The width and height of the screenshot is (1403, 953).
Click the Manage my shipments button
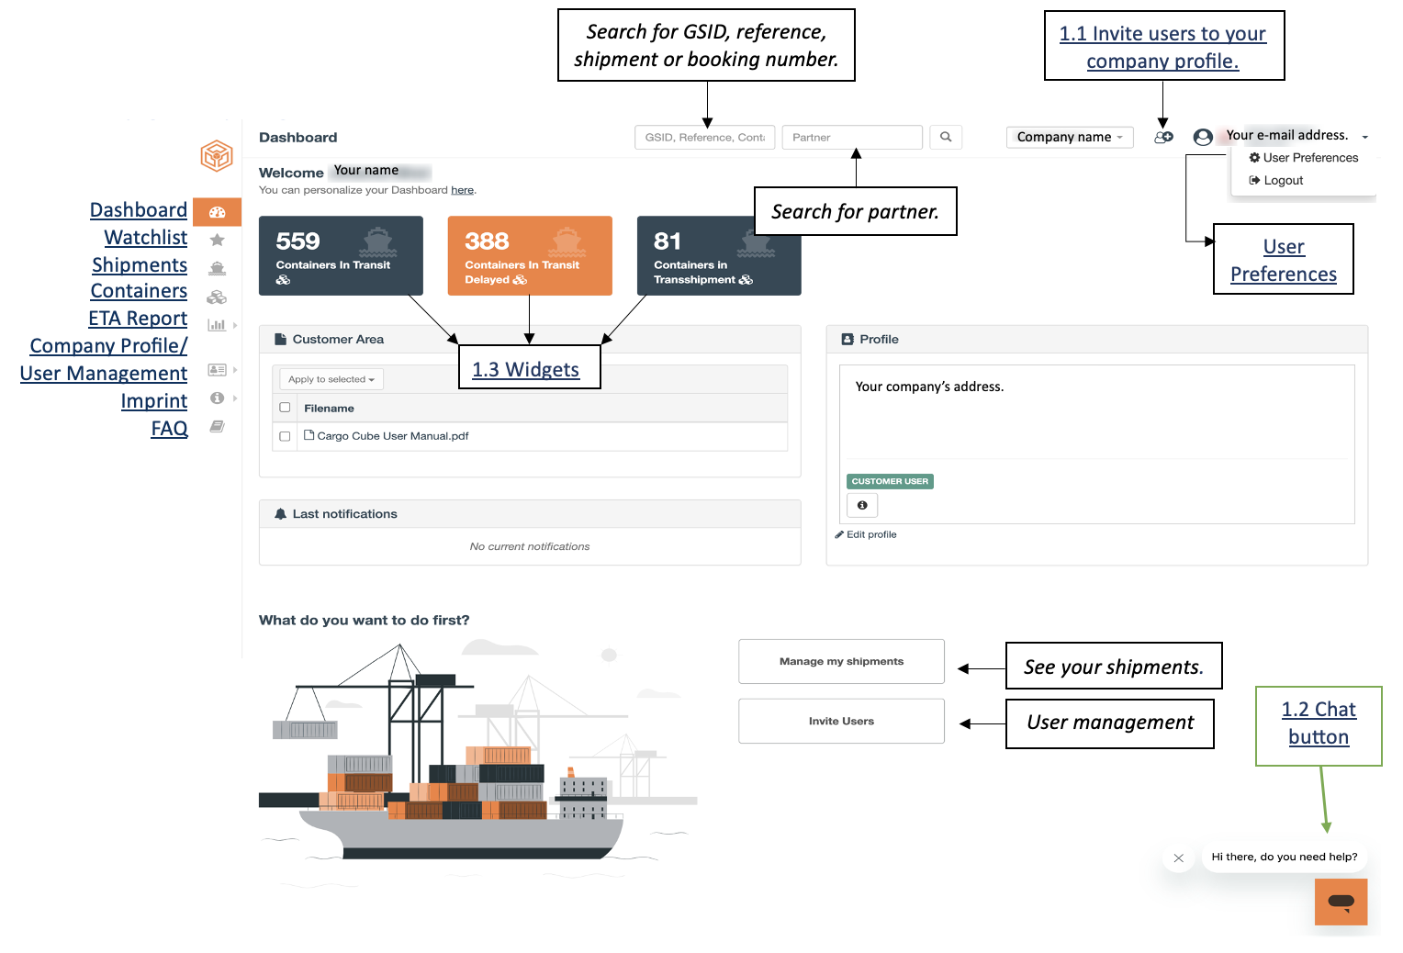840,661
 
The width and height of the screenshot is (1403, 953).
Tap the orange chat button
1341,902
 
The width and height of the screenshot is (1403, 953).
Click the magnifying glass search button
945,137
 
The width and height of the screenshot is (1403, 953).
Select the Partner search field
852,137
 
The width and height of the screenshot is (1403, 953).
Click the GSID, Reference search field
704,137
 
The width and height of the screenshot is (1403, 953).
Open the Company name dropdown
1069,137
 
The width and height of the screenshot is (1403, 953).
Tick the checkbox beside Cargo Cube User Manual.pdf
285,436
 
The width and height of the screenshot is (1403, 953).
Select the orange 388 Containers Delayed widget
529,255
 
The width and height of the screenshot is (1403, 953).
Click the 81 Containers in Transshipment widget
718,255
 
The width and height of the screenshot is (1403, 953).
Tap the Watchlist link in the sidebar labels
145,237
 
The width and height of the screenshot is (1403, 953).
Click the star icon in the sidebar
218,240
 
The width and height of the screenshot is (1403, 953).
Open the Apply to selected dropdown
331,379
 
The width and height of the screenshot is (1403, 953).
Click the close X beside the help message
1178,858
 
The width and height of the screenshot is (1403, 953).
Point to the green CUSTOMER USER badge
890,481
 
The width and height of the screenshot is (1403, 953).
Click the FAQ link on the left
169,428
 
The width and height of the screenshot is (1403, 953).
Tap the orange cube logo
217,155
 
